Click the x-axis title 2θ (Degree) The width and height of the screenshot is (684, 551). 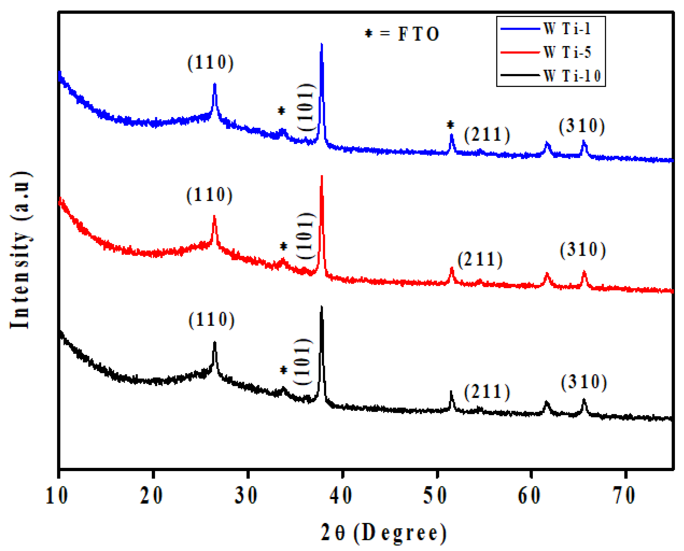(383, 533)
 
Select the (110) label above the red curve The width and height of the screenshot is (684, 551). (210, 195)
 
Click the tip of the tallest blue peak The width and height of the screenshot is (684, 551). (322, 44)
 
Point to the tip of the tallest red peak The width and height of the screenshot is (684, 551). (322, 177)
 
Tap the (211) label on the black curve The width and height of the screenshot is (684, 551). (487, 392)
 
